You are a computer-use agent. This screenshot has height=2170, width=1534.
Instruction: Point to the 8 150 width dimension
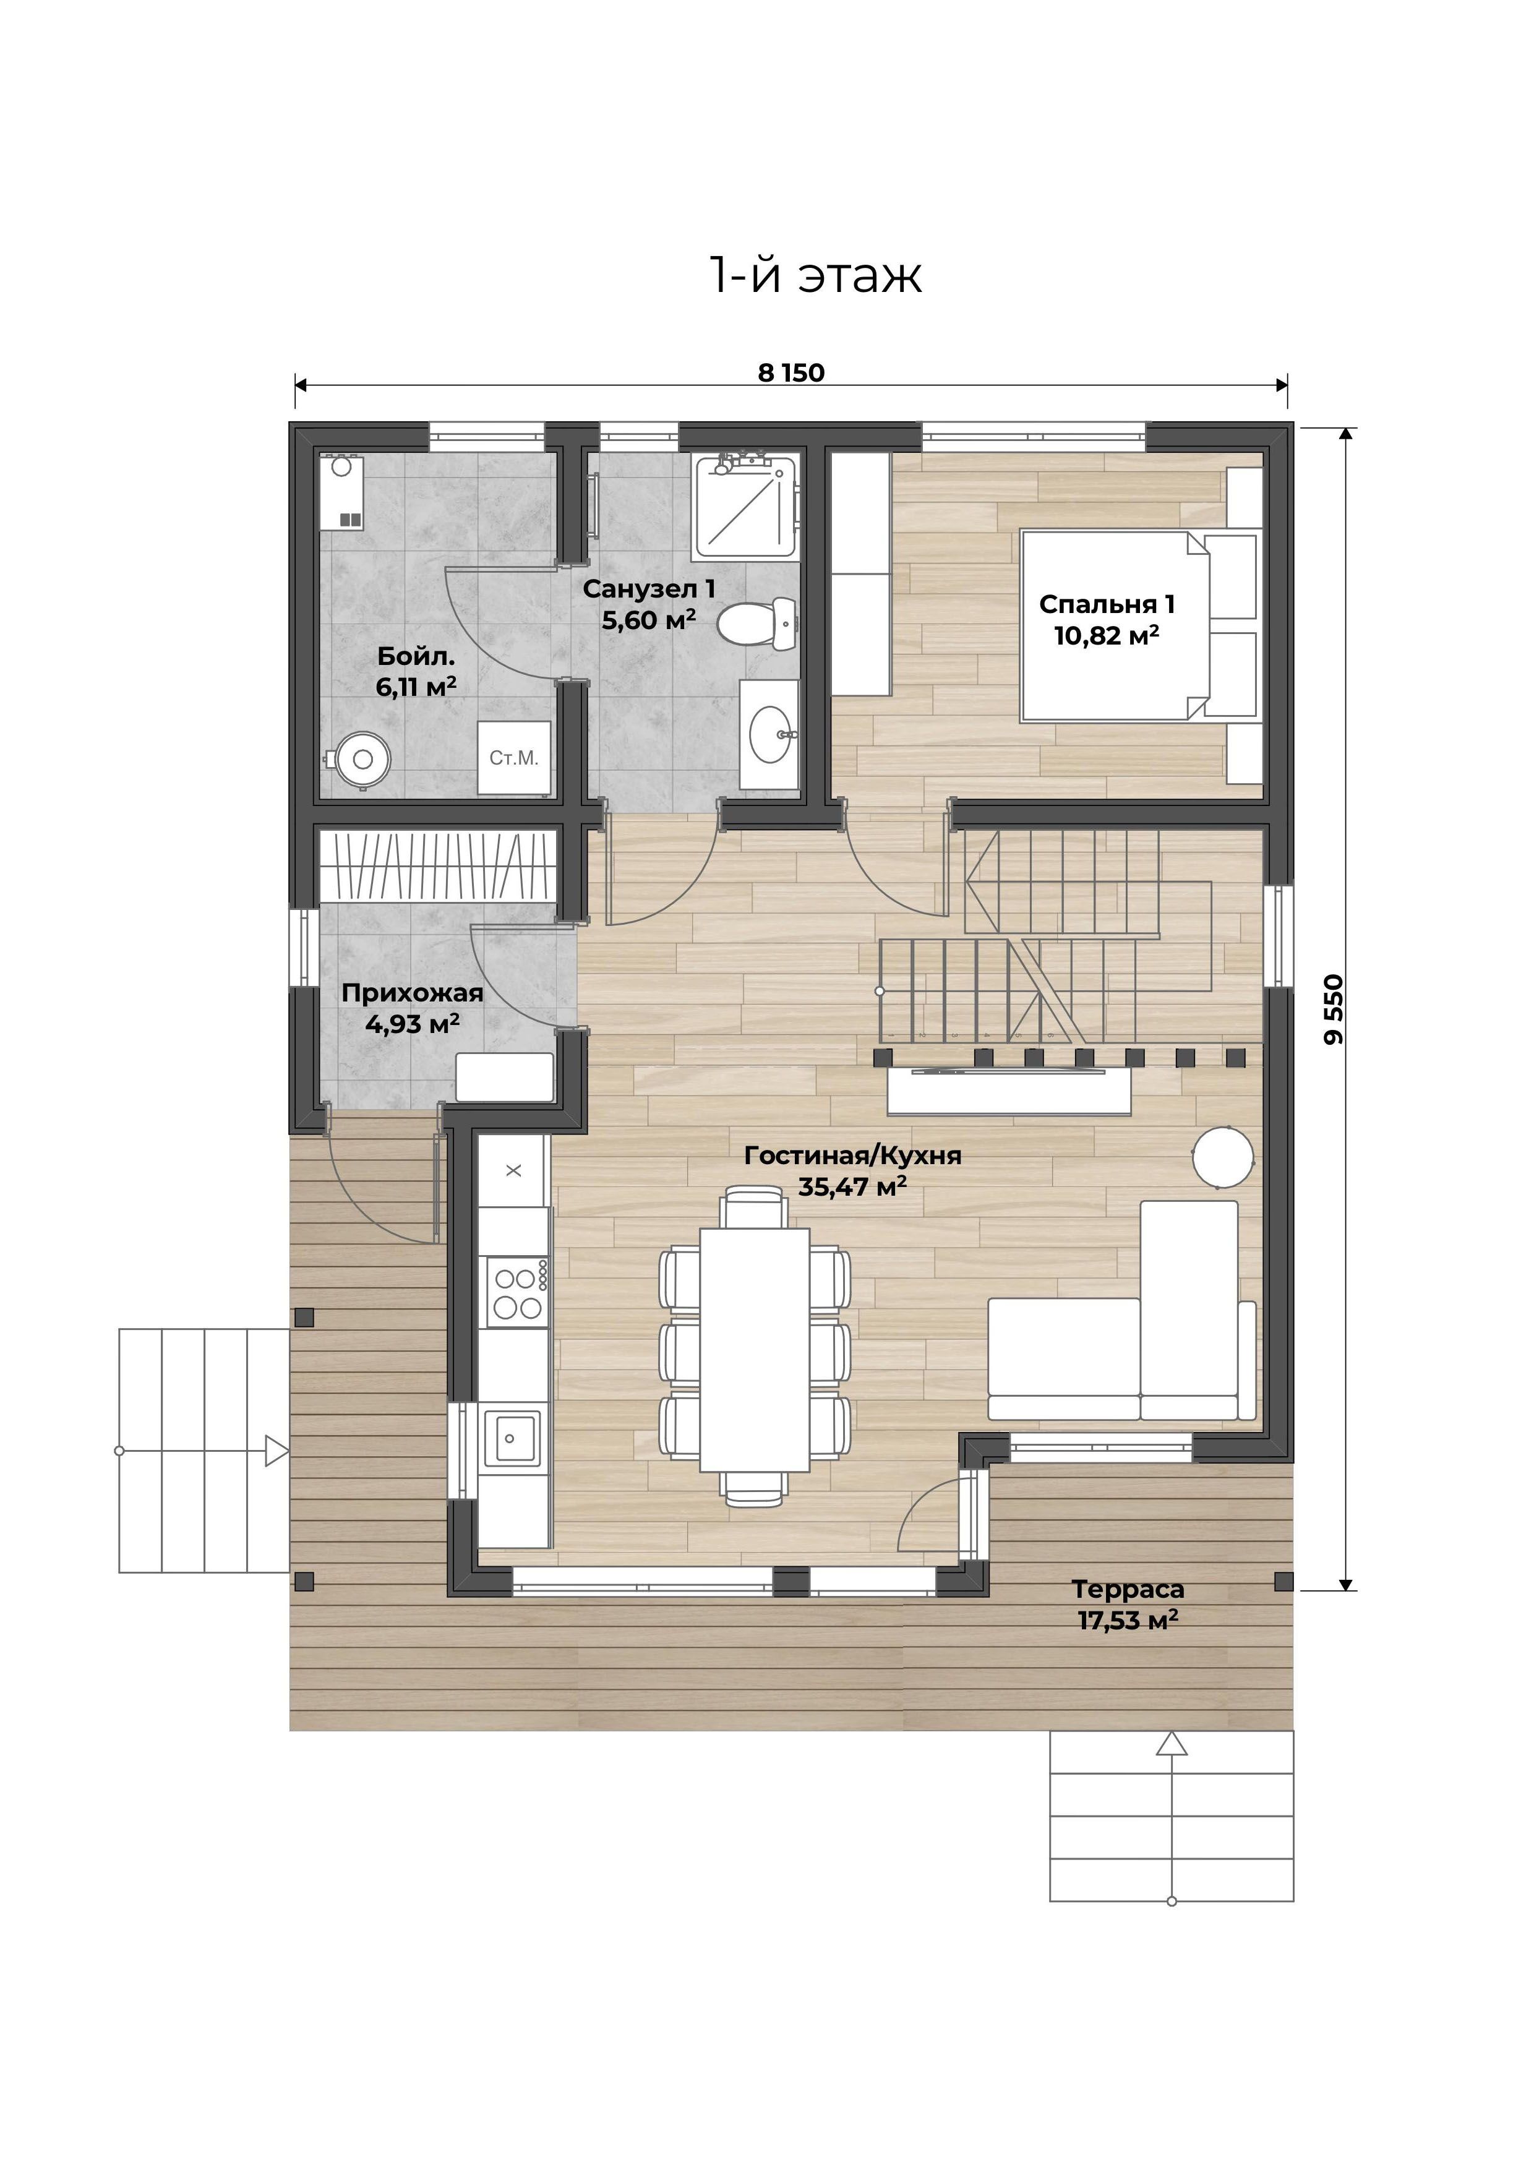point(791,374)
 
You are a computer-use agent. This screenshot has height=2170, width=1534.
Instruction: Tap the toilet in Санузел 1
point(758,623)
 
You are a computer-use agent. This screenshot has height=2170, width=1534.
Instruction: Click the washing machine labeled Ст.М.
point(514,758)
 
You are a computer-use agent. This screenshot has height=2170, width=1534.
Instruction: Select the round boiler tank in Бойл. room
point(360,758)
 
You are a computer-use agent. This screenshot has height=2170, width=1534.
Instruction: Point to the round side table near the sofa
point(1222,1157)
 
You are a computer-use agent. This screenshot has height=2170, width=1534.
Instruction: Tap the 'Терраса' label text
point(1128,1590)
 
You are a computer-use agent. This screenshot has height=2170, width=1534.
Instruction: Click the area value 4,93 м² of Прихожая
point(412,1024)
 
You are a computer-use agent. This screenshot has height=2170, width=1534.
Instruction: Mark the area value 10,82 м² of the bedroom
point(1107,635)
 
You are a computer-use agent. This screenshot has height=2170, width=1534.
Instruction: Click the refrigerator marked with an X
point(513,1171)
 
